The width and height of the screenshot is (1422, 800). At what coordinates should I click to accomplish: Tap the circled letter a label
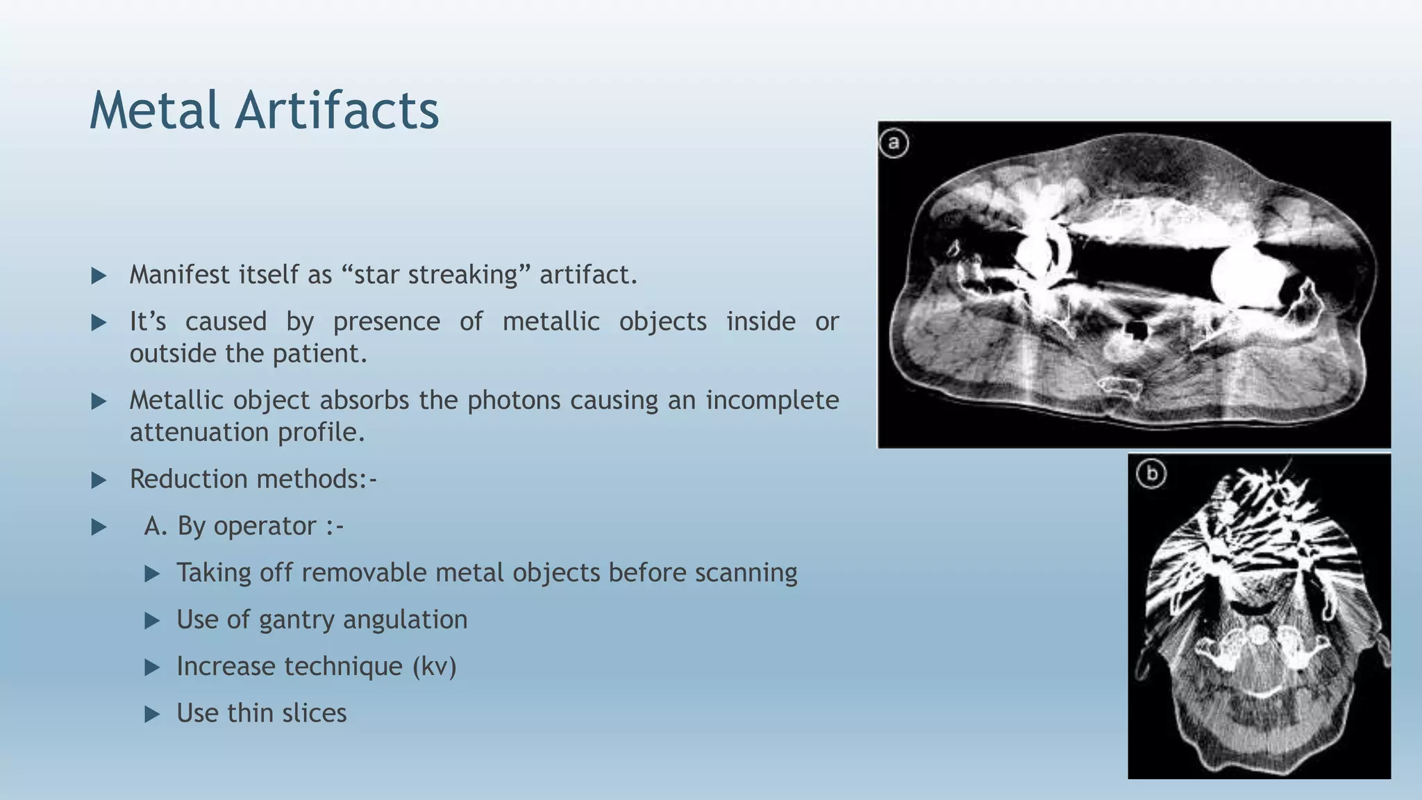894,144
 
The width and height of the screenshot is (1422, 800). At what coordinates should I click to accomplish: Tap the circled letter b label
1151,474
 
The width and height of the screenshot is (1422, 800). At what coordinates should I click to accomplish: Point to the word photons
513,401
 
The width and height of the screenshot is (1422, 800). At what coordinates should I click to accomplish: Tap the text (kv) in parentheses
434,667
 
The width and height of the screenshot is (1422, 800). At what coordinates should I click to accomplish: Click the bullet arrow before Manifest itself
99,276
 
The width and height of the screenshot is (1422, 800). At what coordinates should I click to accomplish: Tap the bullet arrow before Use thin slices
152,714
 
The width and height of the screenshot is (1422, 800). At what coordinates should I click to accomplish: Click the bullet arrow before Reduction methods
99,480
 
